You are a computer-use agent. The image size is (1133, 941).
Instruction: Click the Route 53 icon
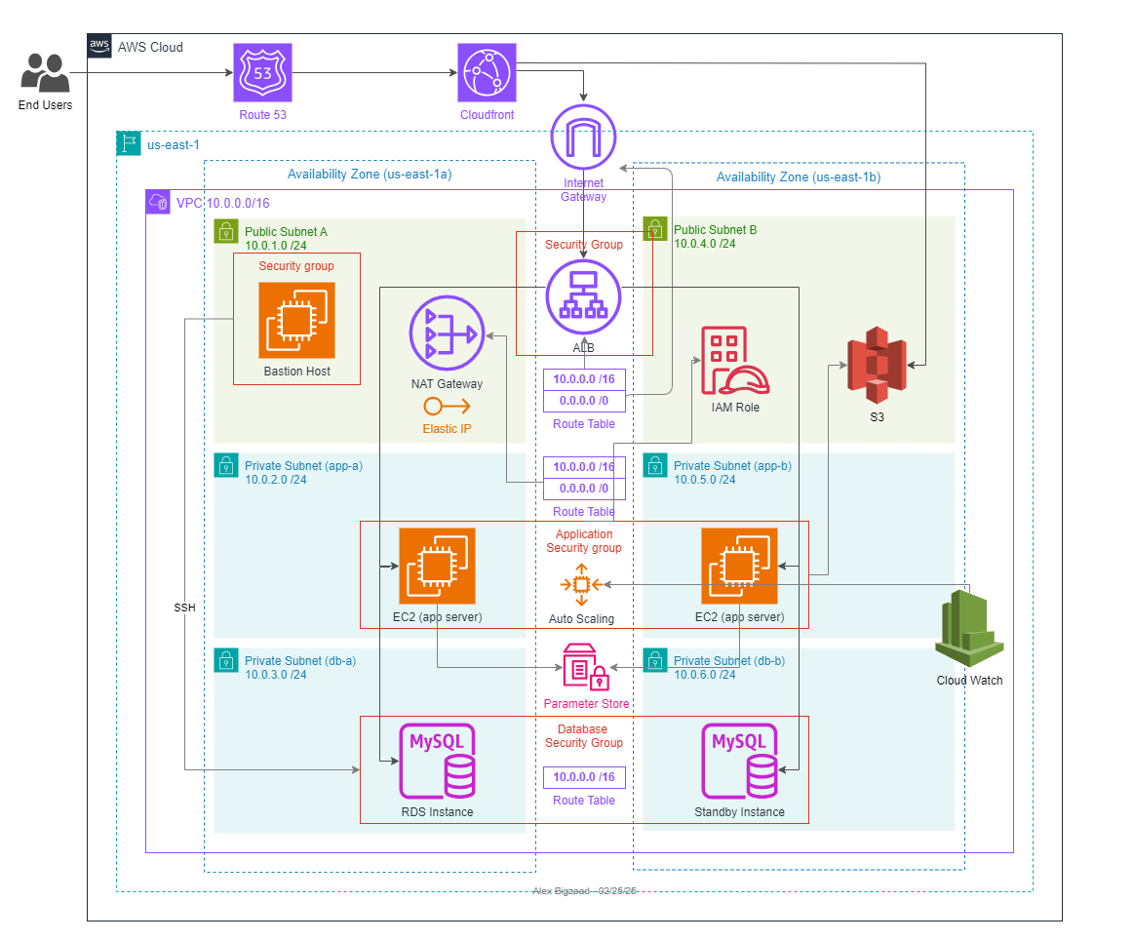(x=262, y=72)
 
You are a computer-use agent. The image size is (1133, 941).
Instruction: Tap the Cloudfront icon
(x=487, y=72)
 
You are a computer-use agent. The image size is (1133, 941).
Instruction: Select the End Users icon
(x=45, y=73)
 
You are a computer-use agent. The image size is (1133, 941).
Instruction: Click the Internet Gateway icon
(x=583, y=137)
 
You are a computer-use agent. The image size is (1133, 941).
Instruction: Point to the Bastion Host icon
(x=296, y=320)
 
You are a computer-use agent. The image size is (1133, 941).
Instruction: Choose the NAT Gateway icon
(x=447, y=334)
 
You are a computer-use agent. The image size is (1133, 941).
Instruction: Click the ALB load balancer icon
(x=583, y=296)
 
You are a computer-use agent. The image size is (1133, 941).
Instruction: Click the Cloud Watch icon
(x=969, y=628)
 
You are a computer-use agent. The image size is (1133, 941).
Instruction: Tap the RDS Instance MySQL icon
(x=437, y=761)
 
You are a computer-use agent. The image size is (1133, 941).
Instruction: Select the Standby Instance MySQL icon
(x=739, y=761)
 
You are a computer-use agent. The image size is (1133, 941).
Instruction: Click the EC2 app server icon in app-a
(x=437, y=567)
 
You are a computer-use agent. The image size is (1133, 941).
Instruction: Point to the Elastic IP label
(x=447, y=428)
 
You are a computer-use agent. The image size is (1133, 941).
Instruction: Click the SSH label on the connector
(x=184, y=608)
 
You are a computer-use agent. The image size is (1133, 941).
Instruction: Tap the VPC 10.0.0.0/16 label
(x=222, y=204)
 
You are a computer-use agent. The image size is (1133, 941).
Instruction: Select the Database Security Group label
(x=584, y=736)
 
